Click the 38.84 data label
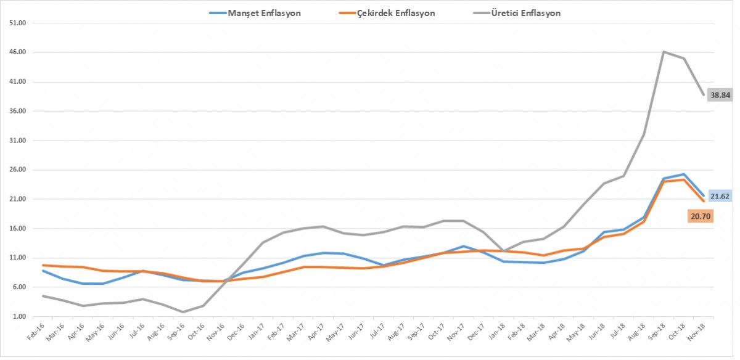click(720, 95)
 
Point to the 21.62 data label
click(720, 197)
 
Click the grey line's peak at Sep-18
click(664, 52)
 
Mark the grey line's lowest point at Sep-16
click(183, 312)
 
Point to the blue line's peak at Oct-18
click(683, 174)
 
